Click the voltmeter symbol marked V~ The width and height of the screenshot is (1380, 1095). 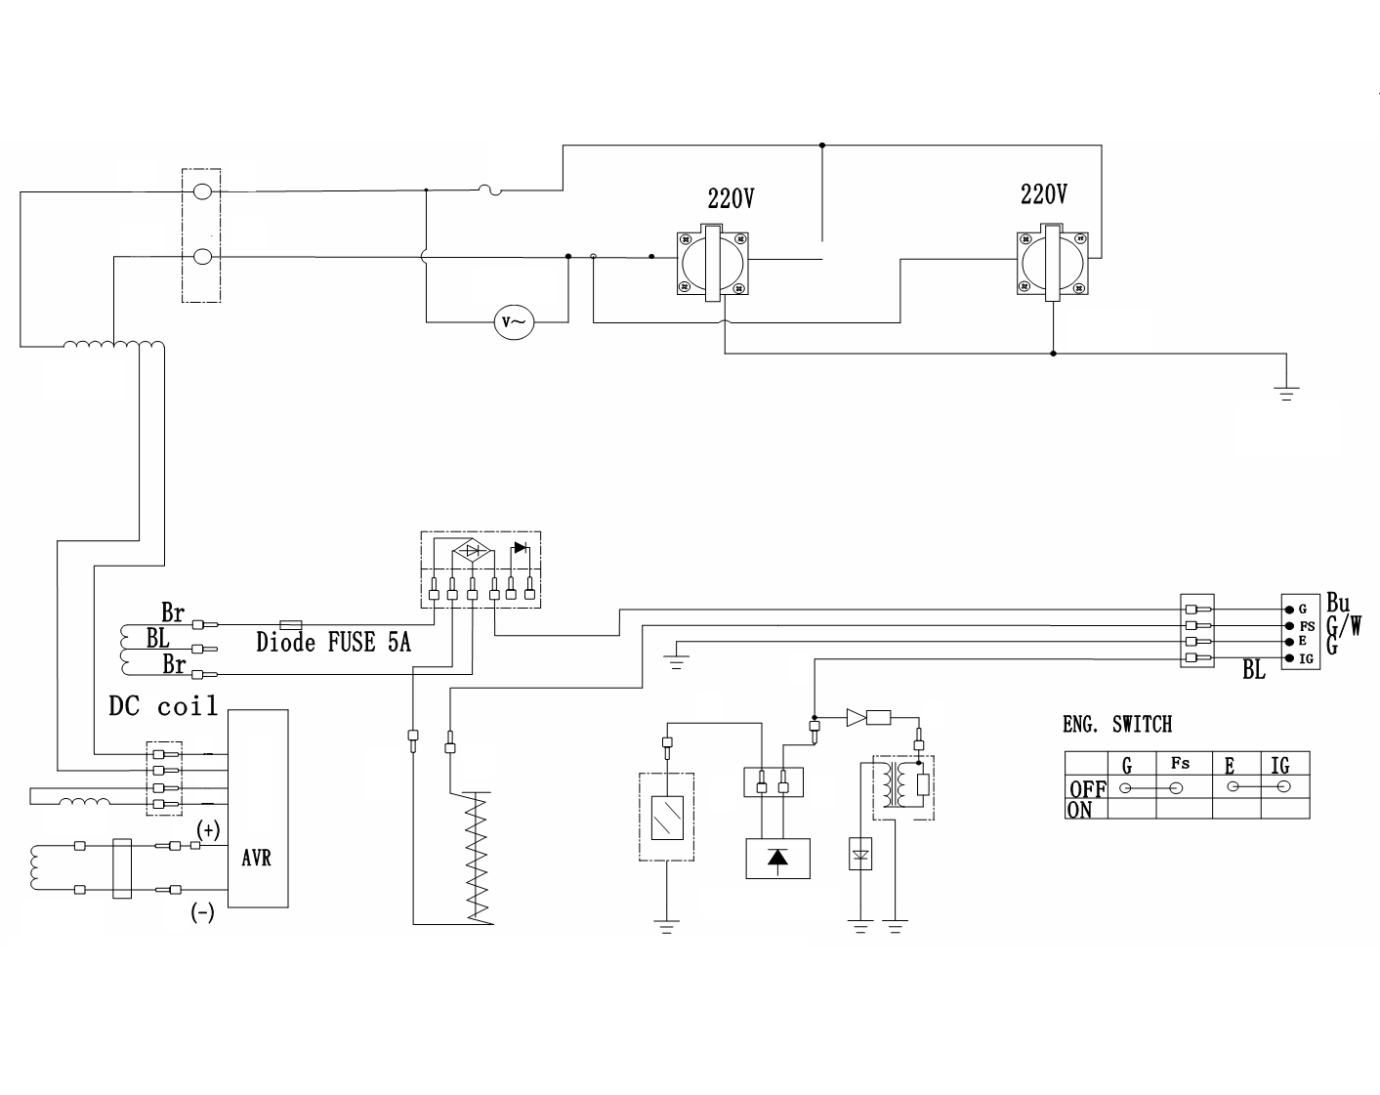point(514,322)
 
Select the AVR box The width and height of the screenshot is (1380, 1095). point(258,808)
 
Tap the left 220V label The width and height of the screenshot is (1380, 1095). point(732,199)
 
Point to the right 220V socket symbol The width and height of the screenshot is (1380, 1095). point(1052,263)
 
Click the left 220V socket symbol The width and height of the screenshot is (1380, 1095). point(712,263)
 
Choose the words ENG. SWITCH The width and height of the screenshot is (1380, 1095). point(1117,724)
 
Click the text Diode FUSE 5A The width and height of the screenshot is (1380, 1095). point(333,642)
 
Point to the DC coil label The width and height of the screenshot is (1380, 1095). point(163,705)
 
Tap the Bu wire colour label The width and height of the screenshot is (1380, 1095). point(1338,603)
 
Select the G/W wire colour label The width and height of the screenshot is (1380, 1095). point(1344,625)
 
